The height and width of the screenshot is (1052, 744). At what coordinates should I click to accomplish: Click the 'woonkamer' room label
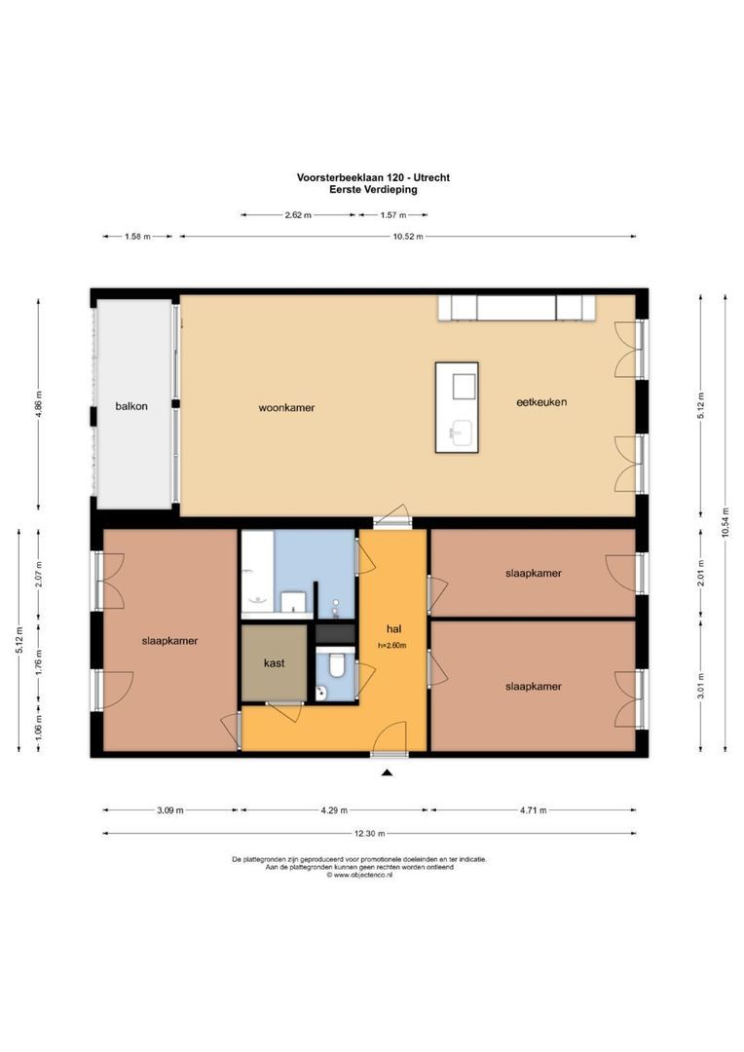(x=286, y=407)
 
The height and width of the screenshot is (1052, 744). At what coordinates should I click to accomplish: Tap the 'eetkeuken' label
(x=542, y=401)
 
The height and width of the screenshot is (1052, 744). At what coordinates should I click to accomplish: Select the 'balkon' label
(x=130, y=406)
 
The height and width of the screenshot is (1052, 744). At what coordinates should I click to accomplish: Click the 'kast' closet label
(x=274, y=662)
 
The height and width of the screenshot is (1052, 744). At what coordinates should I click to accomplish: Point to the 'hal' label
(x=393, y=629)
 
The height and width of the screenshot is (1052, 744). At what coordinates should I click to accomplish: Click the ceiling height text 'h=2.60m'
(x=392, y=645)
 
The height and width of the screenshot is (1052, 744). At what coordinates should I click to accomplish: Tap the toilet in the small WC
(x=336, y=664)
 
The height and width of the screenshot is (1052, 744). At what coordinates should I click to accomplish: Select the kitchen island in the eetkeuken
(x=457, y=407)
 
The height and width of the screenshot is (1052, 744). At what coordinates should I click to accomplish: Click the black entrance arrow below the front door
(x=387, y=772)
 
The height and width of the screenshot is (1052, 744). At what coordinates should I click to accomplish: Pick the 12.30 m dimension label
(x=368, y=833)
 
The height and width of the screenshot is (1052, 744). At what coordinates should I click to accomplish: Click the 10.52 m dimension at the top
(x=407, y=236)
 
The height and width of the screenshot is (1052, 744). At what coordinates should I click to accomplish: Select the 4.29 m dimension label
(x=332, y=809)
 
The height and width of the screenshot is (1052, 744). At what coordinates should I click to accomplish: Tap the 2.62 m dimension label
(x=298, y=215)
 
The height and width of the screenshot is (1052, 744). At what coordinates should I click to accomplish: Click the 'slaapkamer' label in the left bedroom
(x=169, y=641)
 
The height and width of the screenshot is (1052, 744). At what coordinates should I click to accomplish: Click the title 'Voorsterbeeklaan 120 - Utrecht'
(x=373, y=177)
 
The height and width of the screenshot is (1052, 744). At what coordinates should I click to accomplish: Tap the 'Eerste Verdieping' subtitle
(x=373, y=190)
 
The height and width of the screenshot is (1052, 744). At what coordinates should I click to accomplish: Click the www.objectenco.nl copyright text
(x=359, y=875)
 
